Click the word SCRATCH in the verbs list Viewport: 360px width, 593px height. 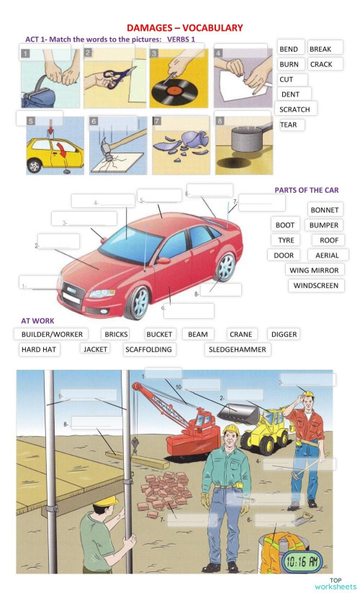[294, 109]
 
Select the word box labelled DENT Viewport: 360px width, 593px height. [294, 94]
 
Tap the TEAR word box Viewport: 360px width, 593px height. [291, 125]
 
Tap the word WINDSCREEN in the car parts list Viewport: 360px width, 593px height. [317, 285]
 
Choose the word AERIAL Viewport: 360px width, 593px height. [327, 255]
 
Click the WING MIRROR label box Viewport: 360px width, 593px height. [315, 270]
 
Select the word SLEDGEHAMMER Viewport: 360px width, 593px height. [238, 350]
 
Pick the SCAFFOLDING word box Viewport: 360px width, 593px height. [148, 350]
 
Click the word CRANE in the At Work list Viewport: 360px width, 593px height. [240, 335]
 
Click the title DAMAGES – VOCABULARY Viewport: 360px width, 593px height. [184, 27]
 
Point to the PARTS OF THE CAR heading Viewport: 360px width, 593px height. [306, 190]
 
